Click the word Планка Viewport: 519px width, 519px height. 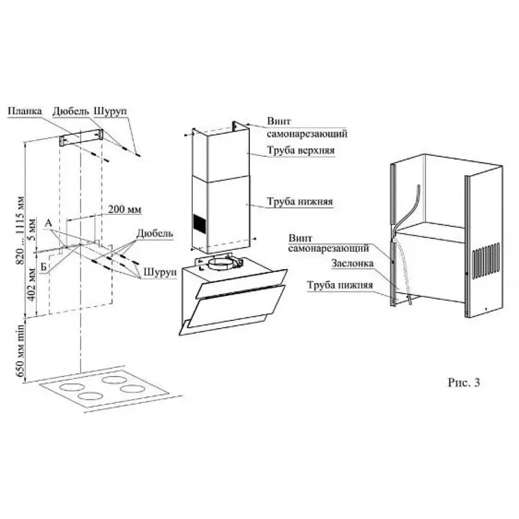[25, 111]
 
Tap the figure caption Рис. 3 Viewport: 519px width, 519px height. [464, 383]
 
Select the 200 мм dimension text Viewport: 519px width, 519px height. [125, 209]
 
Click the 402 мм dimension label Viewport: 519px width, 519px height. [31, 284]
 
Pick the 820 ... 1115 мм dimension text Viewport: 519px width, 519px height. [21, 230]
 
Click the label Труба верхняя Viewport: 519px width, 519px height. [301, 151]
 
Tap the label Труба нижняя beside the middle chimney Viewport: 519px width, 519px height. [300, 202]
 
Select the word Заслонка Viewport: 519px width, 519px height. [352, 263]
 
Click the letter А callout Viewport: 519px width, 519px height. [48, 223]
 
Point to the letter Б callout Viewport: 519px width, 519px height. [43, 267]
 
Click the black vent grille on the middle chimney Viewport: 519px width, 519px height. [199, 223]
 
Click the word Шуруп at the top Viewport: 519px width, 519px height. [110, 112]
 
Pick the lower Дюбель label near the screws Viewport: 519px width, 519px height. [154, 234]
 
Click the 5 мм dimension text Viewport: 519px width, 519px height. [32, 230]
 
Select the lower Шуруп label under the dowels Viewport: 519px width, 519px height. [160, 272]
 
